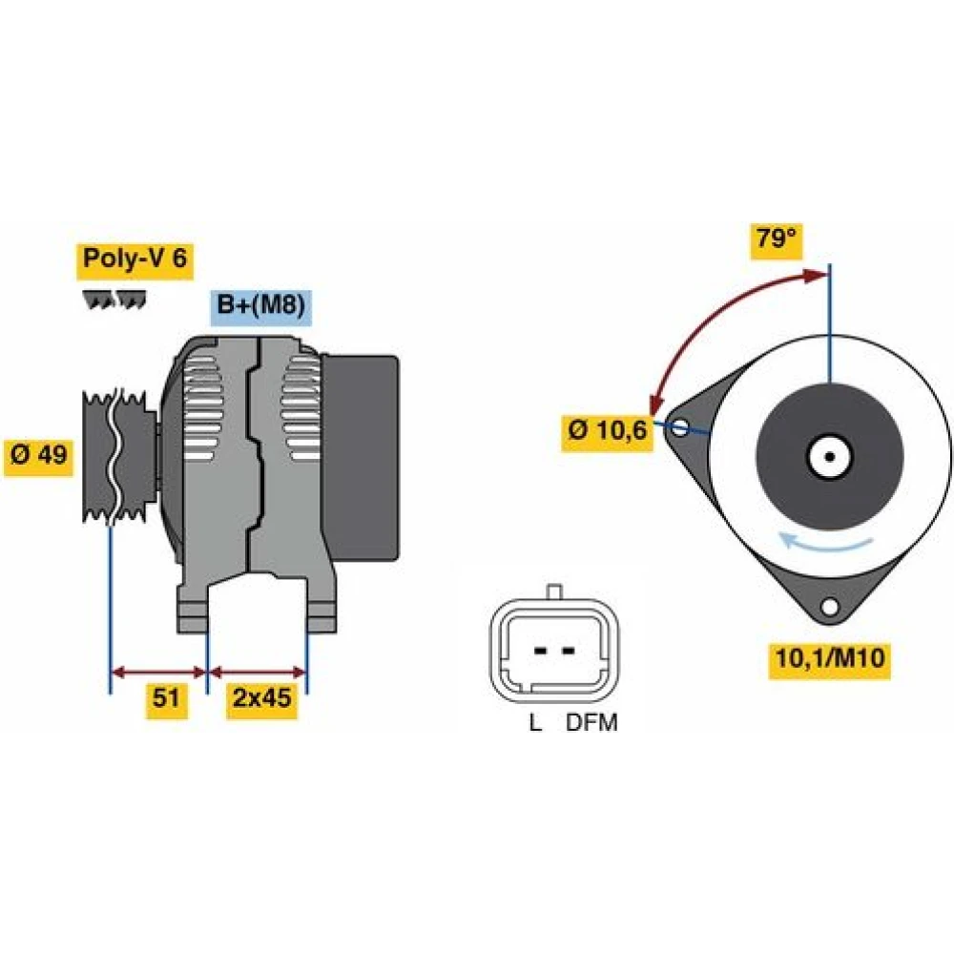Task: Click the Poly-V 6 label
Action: (135, 259)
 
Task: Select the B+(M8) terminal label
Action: (260, 304)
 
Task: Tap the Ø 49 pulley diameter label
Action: (38, 455)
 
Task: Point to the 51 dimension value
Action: (166, 697)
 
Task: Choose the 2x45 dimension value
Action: (261, 697)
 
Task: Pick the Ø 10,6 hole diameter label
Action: (607, 431)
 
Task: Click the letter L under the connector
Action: (535, 723)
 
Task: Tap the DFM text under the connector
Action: (591, 723)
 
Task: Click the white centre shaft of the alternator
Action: (829, 456)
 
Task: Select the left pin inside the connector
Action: (540, 651)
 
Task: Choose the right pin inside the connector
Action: (569, 651)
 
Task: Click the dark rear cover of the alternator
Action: (361, 458)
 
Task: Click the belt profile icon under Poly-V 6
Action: (114, 300)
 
